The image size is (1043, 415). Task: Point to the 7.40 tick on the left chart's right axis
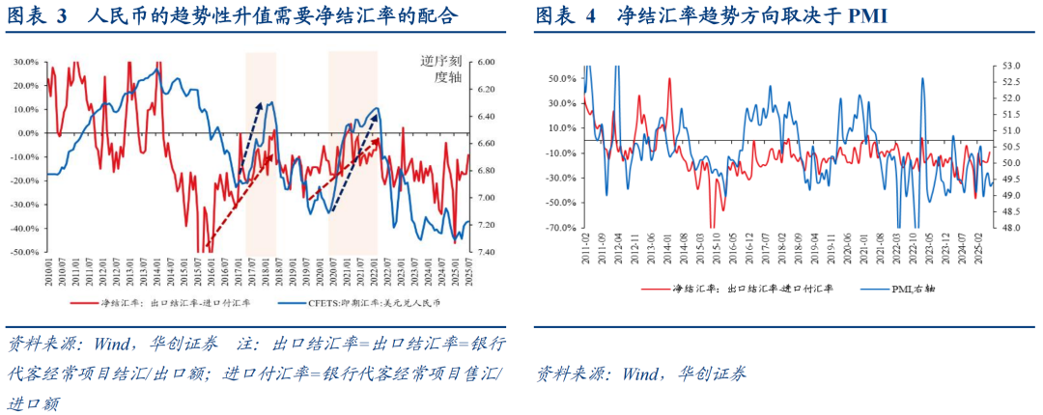[x=486, y=252]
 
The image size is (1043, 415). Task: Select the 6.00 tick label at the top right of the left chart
[x=486, y=62]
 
